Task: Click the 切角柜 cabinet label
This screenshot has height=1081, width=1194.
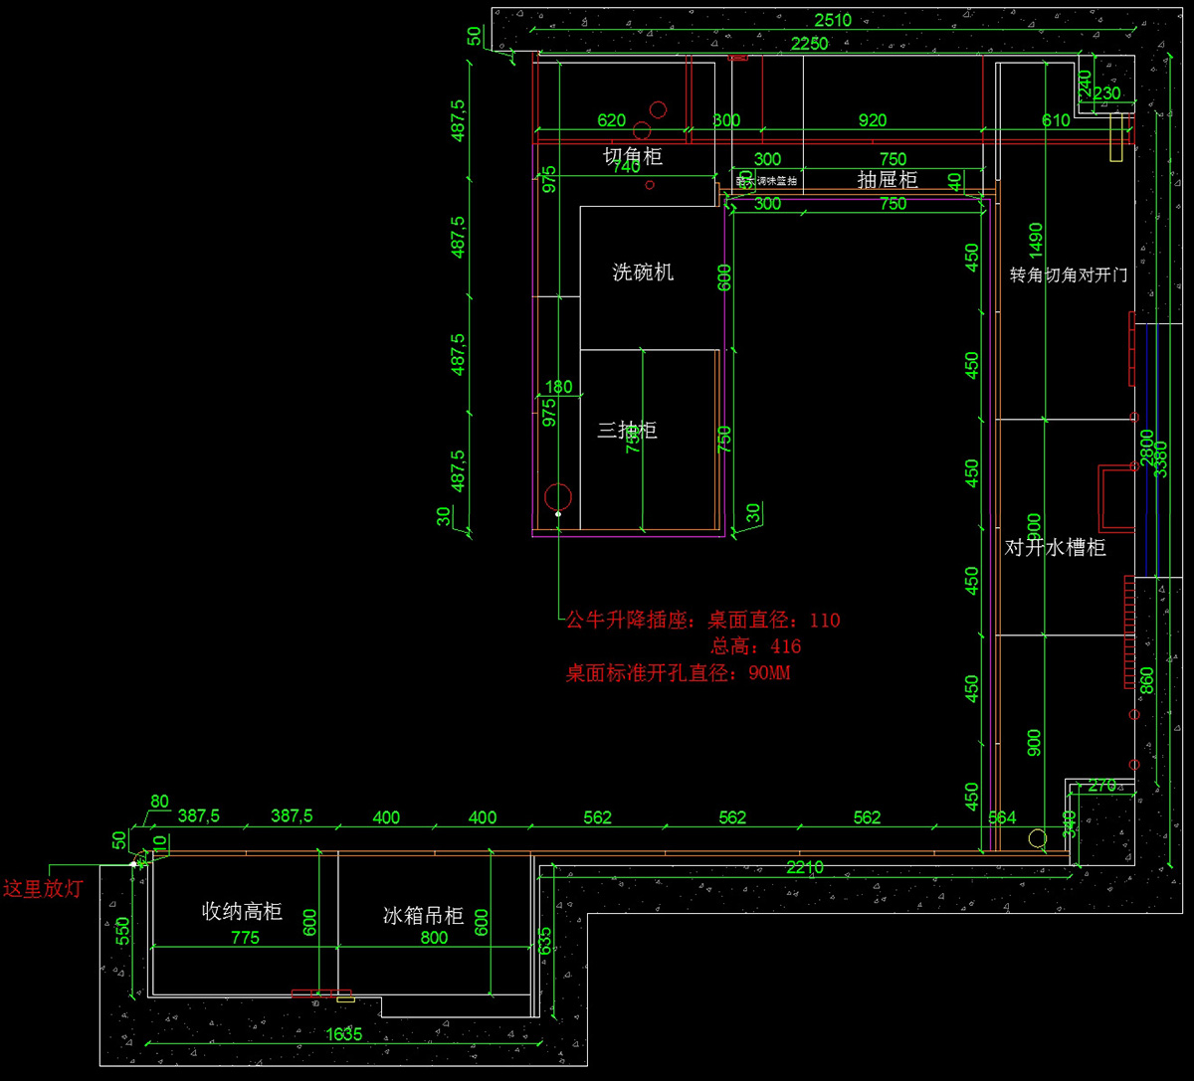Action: point(632,156)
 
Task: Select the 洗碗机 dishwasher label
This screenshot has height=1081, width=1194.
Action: point(643,271)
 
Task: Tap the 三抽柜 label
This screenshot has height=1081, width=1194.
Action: point(627,431)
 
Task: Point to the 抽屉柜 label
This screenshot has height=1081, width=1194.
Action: point(887,180)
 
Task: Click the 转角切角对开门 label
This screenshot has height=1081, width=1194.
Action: point(1068,274)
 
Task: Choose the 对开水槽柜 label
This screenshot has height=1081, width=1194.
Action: point(1055,547)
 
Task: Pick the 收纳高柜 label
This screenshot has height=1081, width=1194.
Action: point(242,911)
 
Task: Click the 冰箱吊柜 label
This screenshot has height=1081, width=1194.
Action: point(424,916)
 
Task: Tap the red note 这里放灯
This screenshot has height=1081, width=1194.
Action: point(43,889)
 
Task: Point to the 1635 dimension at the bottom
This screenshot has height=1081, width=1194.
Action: point(344,1034)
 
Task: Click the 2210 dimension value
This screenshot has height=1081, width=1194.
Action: point(804,867)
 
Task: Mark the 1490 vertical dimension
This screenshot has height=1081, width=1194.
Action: point(1036,238)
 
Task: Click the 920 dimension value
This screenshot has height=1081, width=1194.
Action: point(872,121)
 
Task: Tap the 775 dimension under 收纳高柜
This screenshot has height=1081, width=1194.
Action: point(245,938)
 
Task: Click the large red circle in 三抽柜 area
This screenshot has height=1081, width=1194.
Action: point(558,496)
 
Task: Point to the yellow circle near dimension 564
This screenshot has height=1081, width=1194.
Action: point(1038,838)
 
